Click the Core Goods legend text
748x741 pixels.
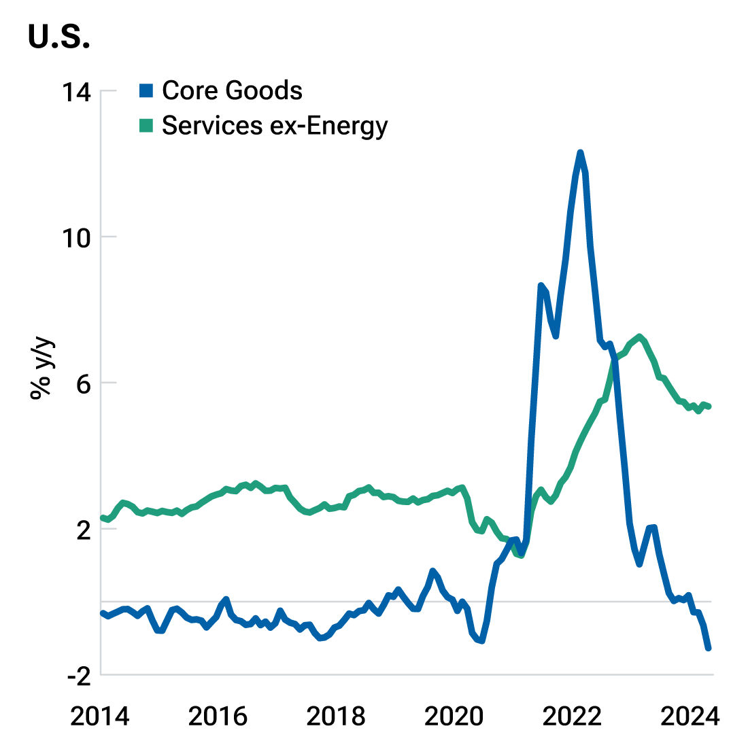pyautogui.click(x=232, y=90)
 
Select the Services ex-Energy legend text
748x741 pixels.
pyautogui.click(x=274, y=126)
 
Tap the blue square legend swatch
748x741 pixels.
pyautogui.click(x=147, y=90)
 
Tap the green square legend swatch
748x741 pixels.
pyautogui.click(x=147, y=126)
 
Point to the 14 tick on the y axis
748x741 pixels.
pyautogui.click(x=76, y=91)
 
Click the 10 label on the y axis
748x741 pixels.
pyautogui.click(x=76, y=237)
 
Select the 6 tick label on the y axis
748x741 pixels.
pyautogui.click(x=82, y=383)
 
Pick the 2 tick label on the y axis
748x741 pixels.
pyautogui.click(x=82, y=530)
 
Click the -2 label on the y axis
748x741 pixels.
pyautogui.click(x=76, y=675)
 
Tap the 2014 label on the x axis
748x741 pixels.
pyautogui.click(x=101, y=716)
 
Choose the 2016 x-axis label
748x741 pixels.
pyautogui.click(x=218, y=716)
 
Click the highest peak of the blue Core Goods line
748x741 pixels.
pyautogui.click(x=580, y=152)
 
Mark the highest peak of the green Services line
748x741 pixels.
pyautogui.click(x=639, y=337)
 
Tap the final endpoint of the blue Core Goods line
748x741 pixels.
pyautogui.click(x=709, y=648)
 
